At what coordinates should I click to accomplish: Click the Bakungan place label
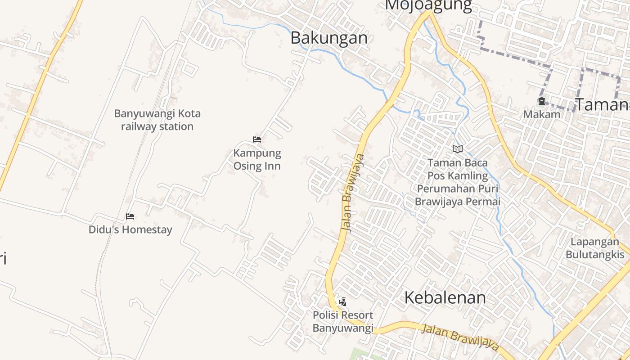click(x=329, y=38)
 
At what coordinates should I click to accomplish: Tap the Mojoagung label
click(x=428, y=5)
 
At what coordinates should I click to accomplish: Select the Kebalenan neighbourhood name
click(x=445, y=297)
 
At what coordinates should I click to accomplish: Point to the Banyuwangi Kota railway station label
click(x=157, y=120)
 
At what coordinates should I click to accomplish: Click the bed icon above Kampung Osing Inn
click(x=257, y=139)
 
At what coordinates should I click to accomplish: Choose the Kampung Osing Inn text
click(x=257, y=160)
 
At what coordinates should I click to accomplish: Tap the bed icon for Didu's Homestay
click(x=130, y=216)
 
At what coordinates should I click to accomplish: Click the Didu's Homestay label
click(x=130, y=229)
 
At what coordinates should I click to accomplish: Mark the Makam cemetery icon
click(x=542, y=102)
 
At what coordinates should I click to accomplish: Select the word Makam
click(x=541, y=114)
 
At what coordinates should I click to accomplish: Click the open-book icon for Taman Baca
click(x=457, y=149)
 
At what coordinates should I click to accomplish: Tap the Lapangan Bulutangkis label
click(x=595, y=248)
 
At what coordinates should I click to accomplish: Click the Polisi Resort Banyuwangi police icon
click(x=342, y=301)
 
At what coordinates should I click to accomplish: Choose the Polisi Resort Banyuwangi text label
click(x=343, y=322)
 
